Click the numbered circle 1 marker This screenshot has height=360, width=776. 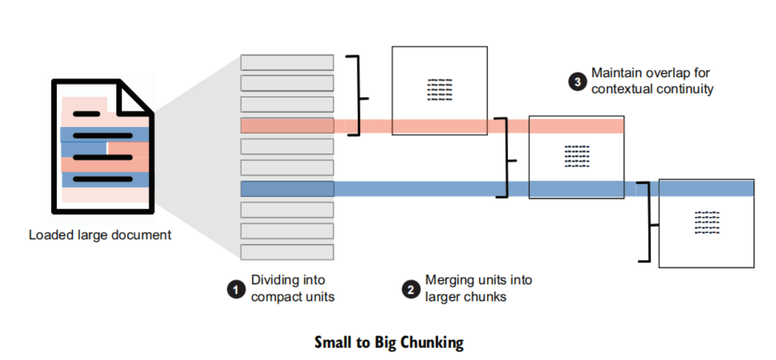(235, 289)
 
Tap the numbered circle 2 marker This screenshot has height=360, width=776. (411, 289)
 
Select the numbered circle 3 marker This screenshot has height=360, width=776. (578, 81)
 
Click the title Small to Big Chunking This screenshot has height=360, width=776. (389, 343)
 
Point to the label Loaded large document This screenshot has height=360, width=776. (100, 235)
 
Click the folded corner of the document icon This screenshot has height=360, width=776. (134, 99)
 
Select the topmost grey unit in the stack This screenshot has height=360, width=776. (287, 62)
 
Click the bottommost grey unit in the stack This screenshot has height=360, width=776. (287, 252)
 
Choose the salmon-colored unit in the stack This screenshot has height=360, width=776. (287, 125)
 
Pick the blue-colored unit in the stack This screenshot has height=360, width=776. (287, 188)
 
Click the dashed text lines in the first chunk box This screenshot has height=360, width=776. (439, 90)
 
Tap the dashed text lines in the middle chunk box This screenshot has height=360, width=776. (577, 156)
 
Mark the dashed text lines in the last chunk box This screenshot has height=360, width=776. (707, 222)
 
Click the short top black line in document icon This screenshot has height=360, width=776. (87, 113)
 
